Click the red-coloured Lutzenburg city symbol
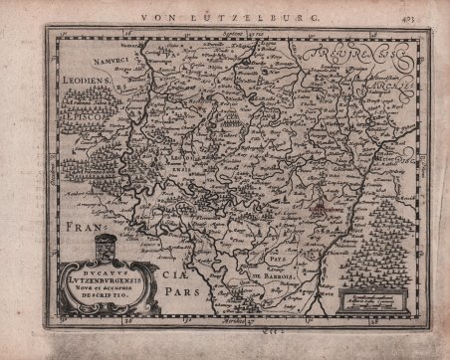click(x=314, y=210)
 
